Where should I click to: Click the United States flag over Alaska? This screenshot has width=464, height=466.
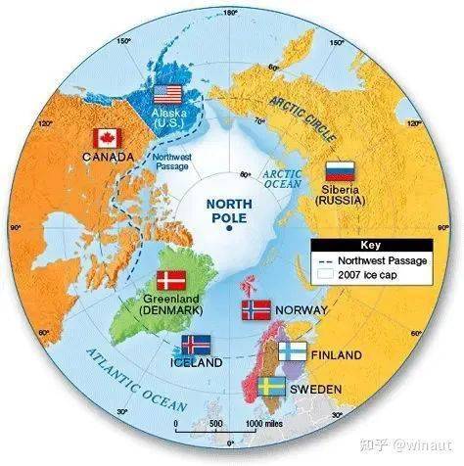point(168,95)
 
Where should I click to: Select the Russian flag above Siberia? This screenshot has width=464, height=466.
point(340,168)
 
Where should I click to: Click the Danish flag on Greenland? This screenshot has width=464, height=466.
point(171,280)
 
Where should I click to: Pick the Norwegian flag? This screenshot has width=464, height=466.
point(255,310)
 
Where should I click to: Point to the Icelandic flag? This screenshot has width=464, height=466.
point(196,345)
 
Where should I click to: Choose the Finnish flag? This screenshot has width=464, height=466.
point(292,352)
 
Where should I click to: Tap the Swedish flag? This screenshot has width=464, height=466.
point(271,387)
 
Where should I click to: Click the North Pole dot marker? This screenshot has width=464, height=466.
point(229,226)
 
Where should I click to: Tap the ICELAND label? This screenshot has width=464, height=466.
point(196,363)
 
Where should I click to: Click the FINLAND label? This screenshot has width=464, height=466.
point(336,354)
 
